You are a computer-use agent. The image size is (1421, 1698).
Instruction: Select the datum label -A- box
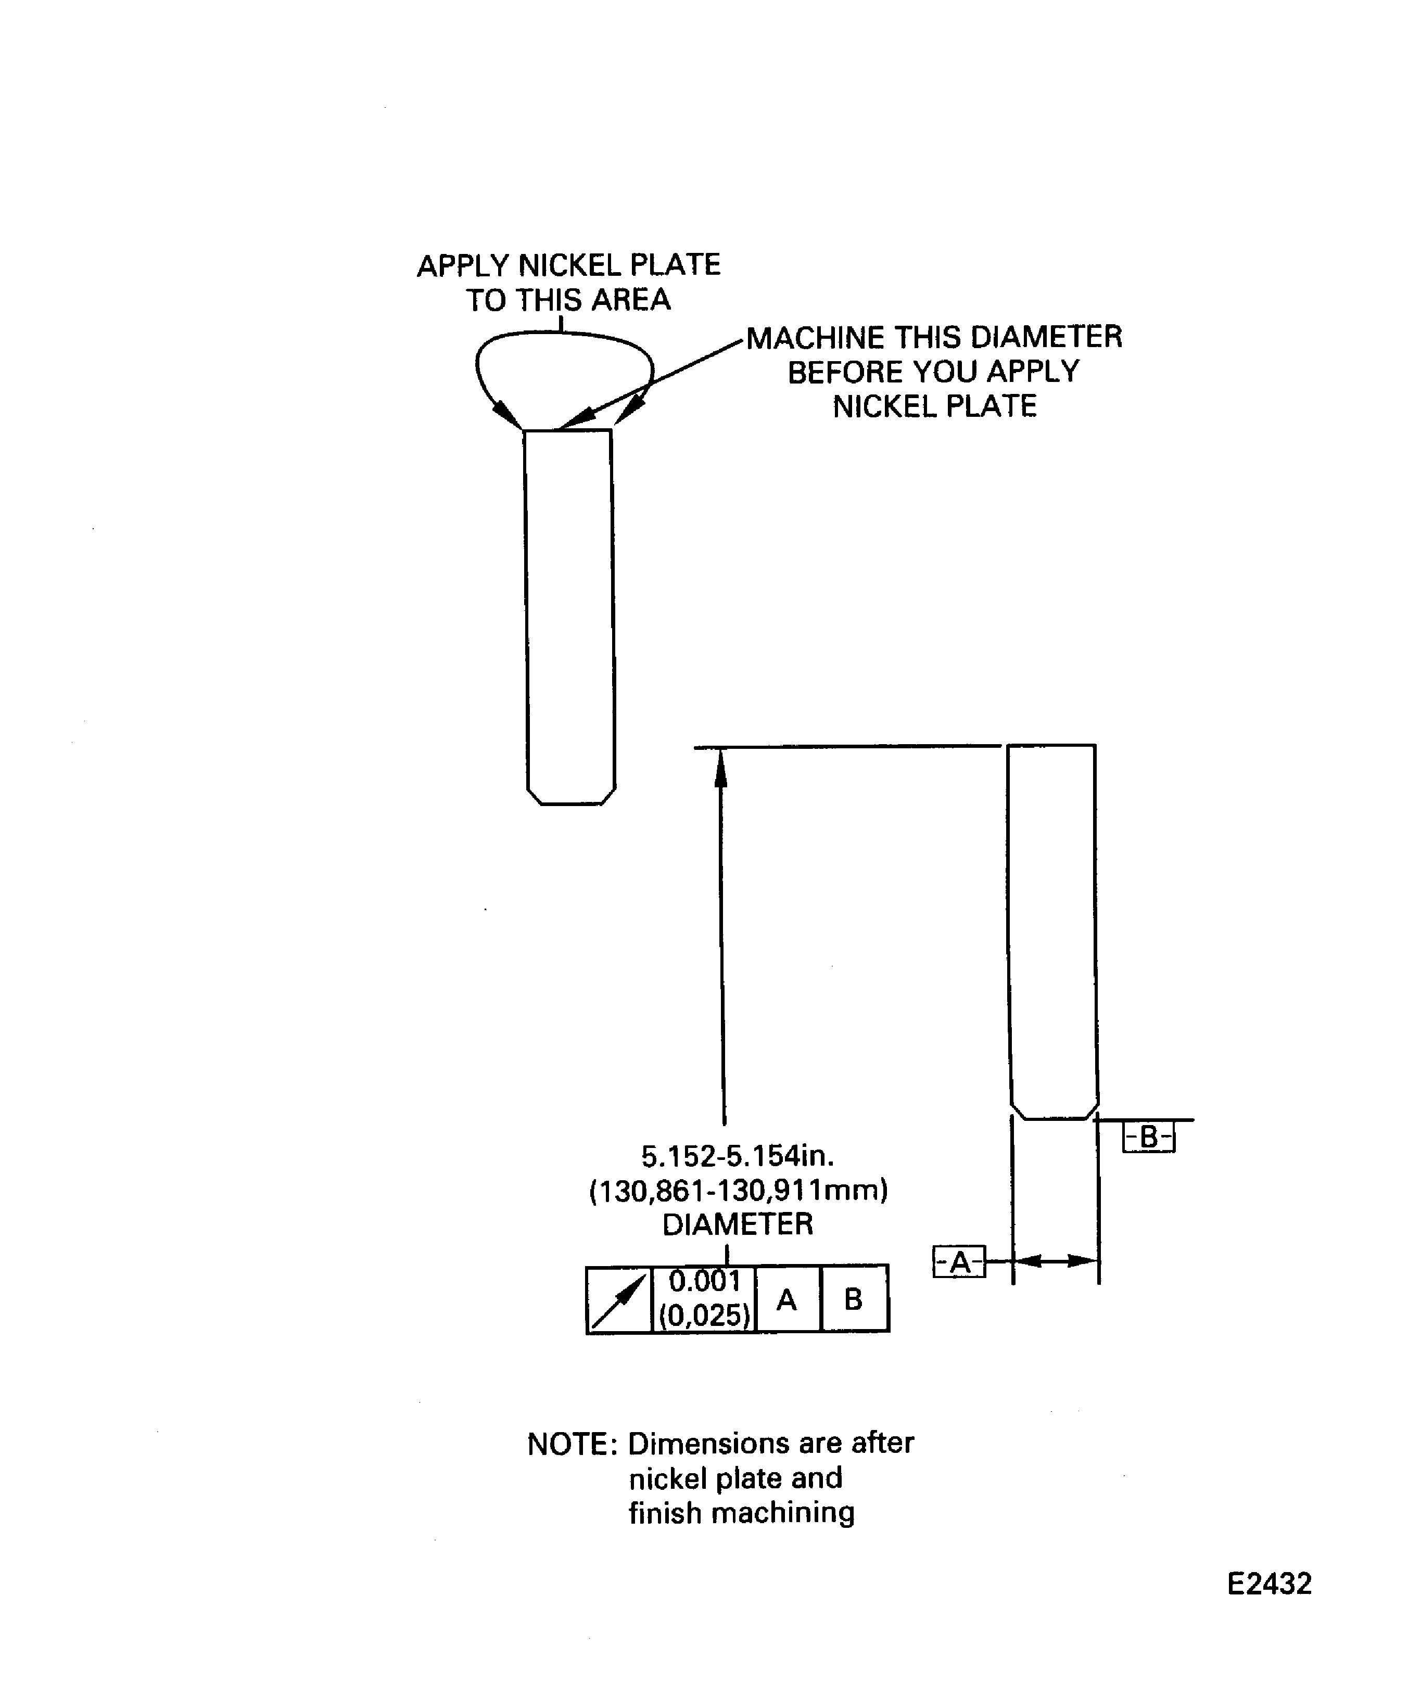(959, 1261)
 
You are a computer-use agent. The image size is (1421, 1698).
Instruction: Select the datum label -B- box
(1148, 1137)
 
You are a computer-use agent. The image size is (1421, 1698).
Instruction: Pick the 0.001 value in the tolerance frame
(704, 1282)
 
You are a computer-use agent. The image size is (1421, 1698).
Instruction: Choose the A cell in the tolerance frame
(787, 1299)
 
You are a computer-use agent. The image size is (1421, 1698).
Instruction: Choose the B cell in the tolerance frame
(854, 1299)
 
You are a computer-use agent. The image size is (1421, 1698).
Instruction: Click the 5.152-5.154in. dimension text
(738, 1156)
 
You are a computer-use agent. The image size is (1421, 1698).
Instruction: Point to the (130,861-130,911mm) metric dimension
(739, 1191)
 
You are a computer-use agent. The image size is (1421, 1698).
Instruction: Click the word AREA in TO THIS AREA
(631, 300)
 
